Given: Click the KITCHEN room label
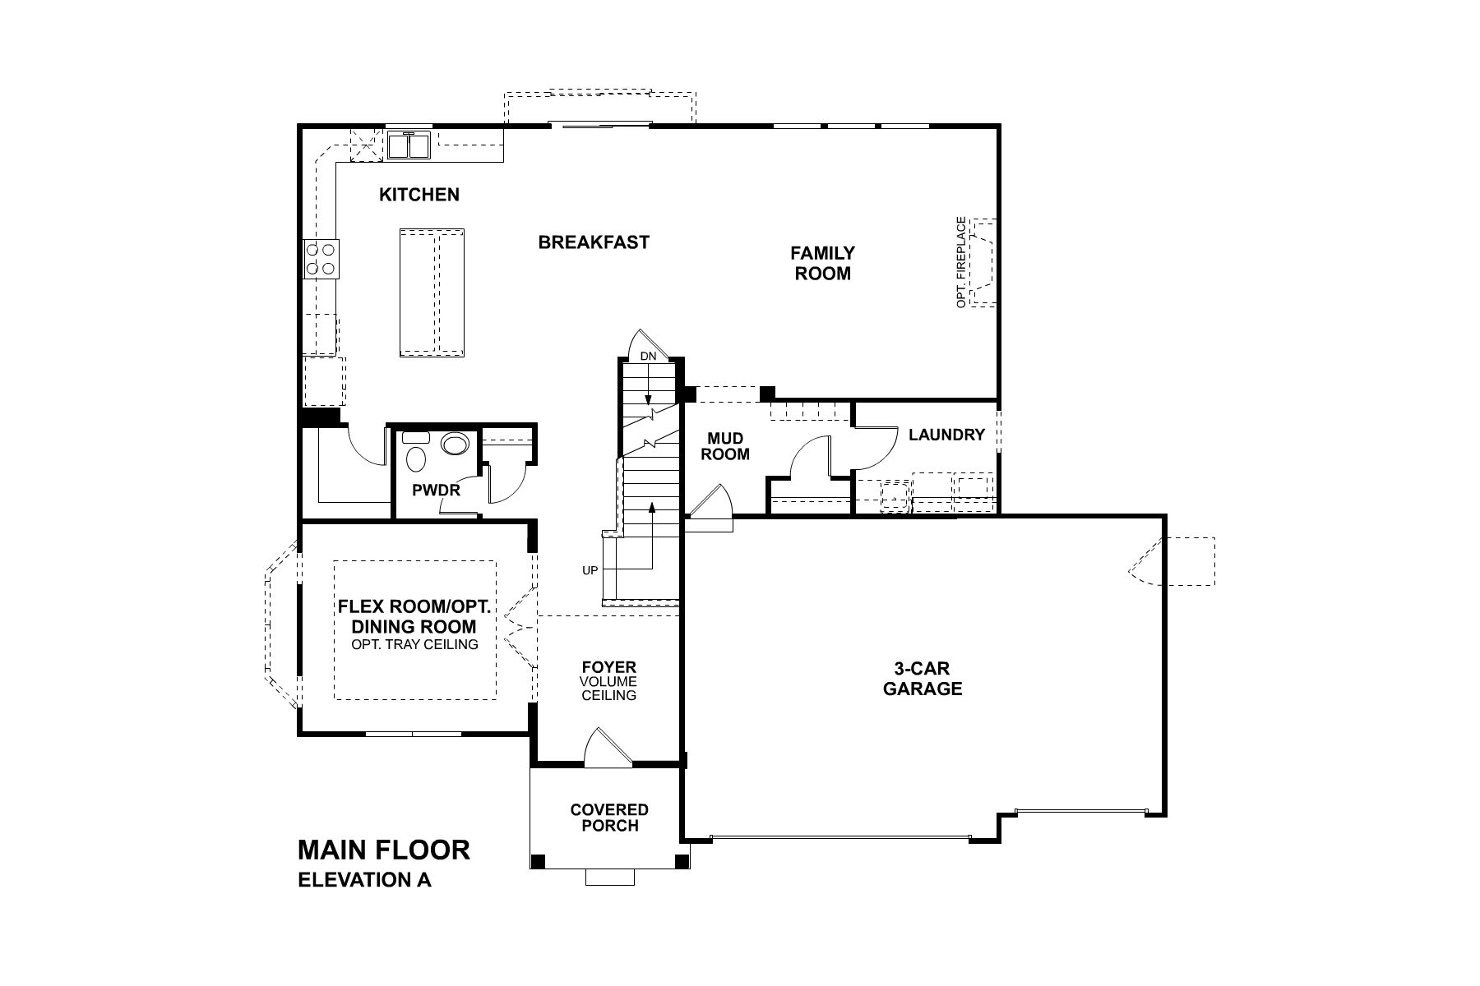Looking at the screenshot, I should coord(419,195).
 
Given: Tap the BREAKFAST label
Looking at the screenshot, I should coord(594,242).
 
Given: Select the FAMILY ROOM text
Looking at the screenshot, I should coord(822,263).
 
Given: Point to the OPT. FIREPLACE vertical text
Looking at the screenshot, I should coord(960,262).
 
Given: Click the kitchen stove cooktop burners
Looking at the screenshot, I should coord(321,258).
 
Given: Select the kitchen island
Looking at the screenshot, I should coord(432,293).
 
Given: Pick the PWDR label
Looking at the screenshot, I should coord(436,491).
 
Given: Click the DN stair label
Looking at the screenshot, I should coord(648,357).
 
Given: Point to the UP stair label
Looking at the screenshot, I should coord(590,570).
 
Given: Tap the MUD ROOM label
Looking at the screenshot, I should coord(725,446).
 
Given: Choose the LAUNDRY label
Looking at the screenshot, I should coord(946,435).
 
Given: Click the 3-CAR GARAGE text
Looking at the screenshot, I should coord(923,679).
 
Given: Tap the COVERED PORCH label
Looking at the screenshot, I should coord(609,818).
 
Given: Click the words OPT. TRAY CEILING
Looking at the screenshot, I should coord(414,644).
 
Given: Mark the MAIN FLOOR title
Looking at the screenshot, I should coord(383,849).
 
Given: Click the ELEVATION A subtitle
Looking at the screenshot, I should coord(364,880).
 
